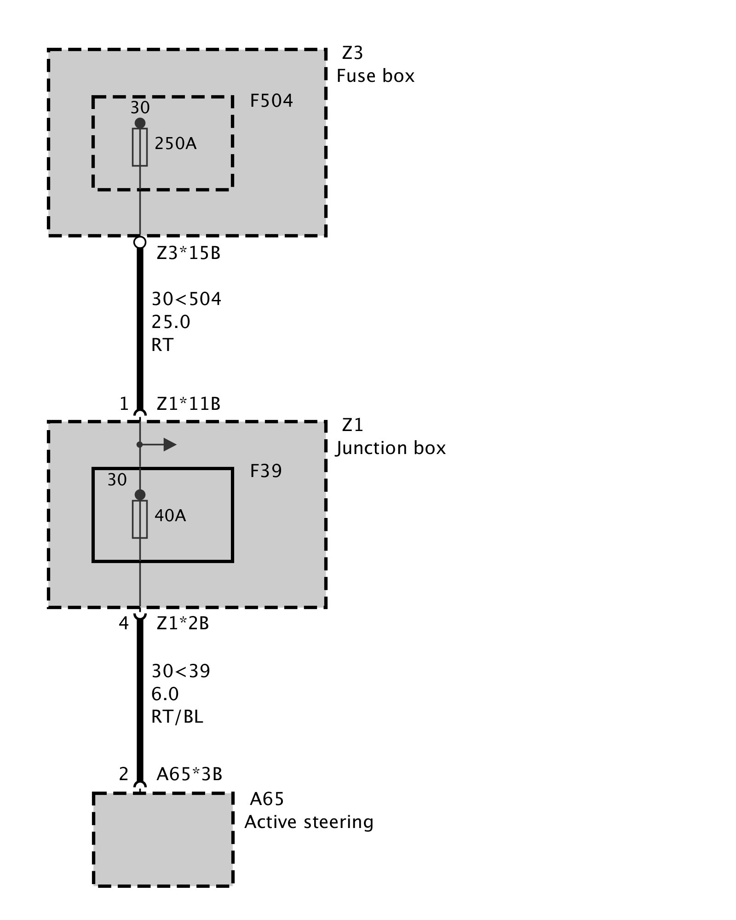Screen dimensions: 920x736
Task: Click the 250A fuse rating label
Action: [x=175, y=144]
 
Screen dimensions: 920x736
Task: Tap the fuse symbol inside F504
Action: [x=140, y=147]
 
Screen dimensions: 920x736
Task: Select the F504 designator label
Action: [x=271, y=101]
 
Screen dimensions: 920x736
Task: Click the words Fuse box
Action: [x=375, y=76]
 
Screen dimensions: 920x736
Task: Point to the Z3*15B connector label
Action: [x=189, y=253]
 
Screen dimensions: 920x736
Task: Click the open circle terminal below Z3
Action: [x=140, y=242]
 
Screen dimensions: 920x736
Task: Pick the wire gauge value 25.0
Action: [x=171, y=322]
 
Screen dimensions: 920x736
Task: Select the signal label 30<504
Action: [x=186, y=299]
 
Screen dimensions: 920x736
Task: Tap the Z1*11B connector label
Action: [x=189, y=404]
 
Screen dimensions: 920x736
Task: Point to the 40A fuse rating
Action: [x=170, y=516]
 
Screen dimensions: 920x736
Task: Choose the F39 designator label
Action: [x=266, y=471]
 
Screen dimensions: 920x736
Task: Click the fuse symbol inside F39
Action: [x=140, y=519]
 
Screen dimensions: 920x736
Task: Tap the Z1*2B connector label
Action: [x=183, y=623]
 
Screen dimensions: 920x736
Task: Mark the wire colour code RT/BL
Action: [x=177, y=717]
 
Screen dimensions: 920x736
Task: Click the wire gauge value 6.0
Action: [x=165, y=694]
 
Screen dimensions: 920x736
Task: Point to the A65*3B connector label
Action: [x=189, y=774]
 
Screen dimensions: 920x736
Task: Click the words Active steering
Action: [x=309, y=822]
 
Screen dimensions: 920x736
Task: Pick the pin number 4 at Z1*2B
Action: [x=123, y=623]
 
